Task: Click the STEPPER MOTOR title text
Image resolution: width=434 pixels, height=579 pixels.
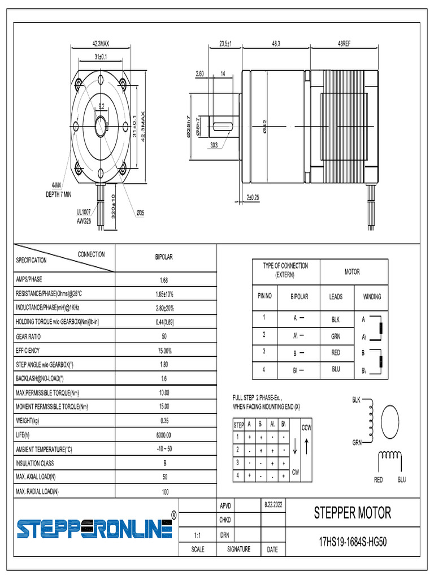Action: point(353,513)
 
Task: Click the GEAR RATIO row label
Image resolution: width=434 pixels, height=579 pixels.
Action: point(28,336)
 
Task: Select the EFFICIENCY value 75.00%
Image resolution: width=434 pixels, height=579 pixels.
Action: point(164,351)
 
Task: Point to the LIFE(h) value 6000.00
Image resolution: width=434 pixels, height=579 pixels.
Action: point(164,435)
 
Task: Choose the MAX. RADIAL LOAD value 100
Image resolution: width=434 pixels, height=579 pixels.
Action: point(164,492)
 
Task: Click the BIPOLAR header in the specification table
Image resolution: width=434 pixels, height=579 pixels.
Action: point(164,257)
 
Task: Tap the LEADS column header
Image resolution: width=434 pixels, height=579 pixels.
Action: point(336,296)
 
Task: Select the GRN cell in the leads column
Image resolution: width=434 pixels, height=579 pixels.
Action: point(336,336)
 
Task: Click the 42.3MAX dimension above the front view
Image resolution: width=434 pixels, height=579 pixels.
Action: point(101,44)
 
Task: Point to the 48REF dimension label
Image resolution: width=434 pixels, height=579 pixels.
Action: point(344,44)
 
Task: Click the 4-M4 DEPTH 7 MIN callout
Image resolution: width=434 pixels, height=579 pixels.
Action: point(58,189)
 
